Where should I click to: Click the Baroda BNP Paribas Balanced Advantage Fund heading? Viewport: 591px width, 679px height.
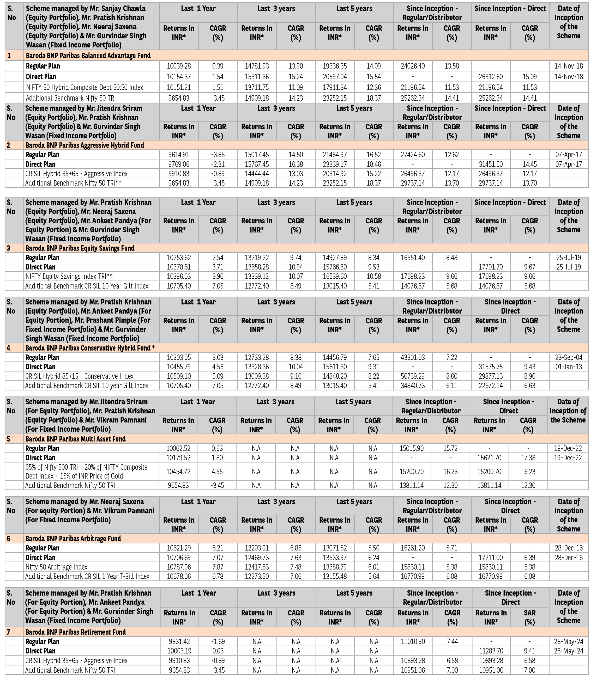point(88,55)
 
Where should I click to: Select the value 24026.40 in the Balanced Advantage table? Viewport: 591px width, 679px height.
point(413,66)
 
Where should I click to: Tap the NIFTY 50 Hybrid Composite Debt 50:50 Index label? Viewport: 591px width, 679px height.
point(85,87)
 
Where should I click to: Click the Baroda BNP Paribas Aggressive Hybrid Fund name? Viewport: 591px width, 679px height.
point(85,145)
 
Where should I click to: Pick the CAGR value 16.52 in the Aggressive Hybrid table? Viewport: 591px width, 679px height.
point(374,155)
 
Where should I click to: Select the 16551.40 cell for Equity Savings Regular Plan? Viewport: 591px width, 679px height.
point(413,258)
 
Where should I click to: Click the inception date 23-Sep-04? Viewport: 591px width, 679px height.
point(569,357)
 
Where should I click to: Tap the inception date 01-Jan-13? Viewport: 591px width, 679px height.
point(569,366)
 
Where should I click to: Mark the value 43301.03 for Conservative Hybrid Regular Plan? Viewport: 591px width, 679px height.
point(413,357)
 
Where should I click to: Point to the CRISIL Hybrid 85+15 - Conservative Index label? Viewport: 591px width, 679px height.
point(80,376)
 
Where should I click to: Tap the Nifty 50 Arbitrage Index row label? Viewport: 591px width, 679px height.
point(56,567)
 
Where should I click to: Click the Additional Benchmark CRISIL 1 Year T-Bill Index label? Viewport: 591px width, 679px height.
point(87,576)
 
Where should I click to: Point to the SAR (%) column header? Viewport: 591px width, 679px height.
point(530,617)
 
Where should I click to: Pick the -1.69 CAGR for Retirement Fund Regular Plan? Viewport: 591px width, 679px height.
point(218,641)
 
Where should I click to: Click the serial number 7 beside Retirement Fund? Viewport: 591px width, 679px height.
point(9,632)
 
